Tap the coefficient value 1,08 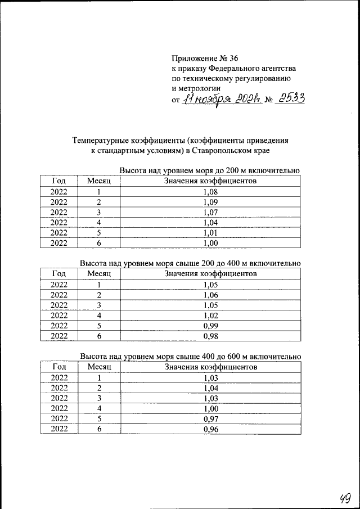[210, 192]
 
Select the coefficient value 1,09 [210, 202]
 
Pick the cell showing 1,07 [210, 212]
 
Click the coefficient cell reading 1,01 [210, 233]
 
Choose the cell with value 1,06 [210, 295]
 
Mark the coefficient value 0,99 [210, 326]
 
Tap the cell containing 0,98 [210, 336]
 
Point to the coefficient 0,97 [210, 420]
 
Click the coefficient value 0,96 [210, 430]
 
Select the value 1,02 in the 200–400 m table [210, 316]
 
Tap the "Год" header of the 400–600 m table [59, 367]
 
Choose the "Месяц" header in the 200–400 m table [99, 274]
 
